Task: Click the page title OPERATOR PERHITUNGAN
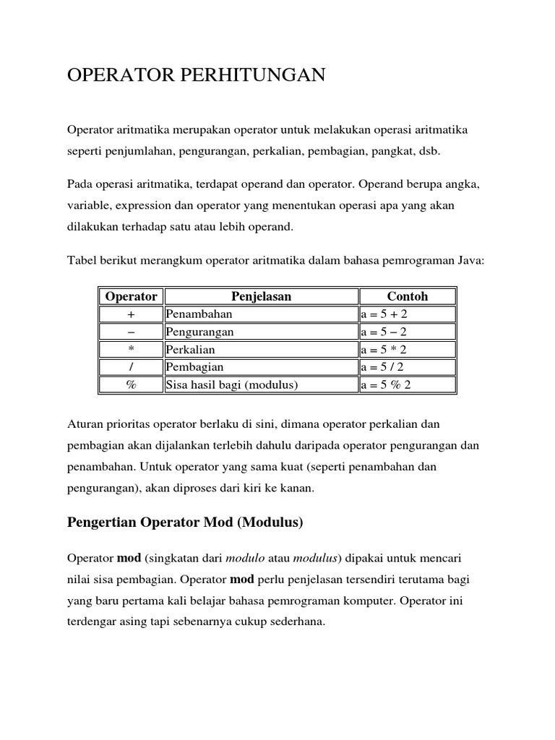click(196, 75)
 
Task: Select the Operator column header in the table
click(131, 296)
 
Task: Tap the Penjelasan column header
click(262, 296)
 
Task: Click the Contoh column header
click(408, 296)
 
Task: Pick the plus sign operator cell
click(131, 314)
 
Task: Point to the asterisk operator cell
click(131, 350)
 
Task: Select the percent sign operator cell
click(131, 385)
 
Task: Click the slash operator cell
click(131, 367)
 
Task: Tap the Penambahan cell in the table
click(199, 314)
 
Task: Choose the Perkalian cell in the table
click(191, 350)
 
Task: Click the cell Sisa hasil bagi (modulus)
click(232, 385)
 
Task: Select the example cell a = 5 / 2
click(383, 367)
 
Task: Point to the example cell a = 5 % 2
click(386, 385)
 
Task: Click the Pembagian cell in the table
click(194, 367)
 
